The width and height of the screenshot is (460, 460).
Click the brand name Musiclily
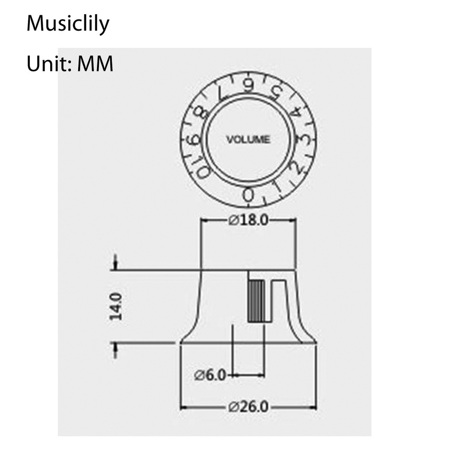click(x=68, y=24)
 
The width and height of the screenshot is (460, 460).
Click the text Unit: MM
click(x=70, y=63)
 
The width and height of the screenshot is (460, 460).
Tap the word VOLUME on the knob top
click(x=248, y=139)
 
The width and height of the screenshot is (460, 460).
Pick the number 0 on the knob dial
click(x=248, y=195)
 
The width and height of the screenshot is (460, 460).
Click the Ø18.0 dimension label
click(x=248, y=220)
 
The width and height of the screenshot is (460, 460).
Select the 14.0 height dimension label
click(x=116, y=306)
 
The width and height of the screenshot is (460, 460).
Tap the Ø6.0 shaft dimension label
click(x=210, y=375)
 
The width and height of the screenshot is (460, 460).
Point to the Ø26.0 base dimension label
click(x=248, y=407)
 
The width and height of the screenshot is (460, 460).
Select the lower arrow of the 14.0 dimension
click(x=115, y=350)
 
